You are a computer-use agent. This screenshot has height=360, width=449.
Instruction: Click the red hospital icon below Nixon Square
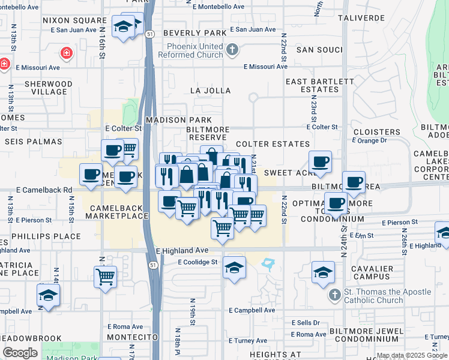66,52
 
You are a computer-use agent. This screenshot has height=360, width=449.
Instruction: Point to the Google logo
20,353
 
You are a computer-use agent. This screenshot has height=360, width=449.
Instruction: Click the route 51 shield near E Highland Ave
154,265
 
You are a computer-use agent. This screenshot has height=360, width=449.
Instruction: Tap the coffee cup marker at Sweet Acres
321,161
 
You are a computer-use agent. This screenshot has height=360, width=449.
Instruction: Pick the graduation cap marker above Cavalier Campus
323,272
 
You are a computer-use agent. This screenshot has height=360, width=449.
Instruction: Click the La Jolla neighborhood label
210,91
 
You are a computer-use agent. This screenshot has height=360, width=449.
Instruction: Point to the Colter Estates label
273,145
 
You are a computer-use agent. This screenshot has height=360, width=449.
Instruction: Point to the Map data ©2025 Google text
412,355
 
